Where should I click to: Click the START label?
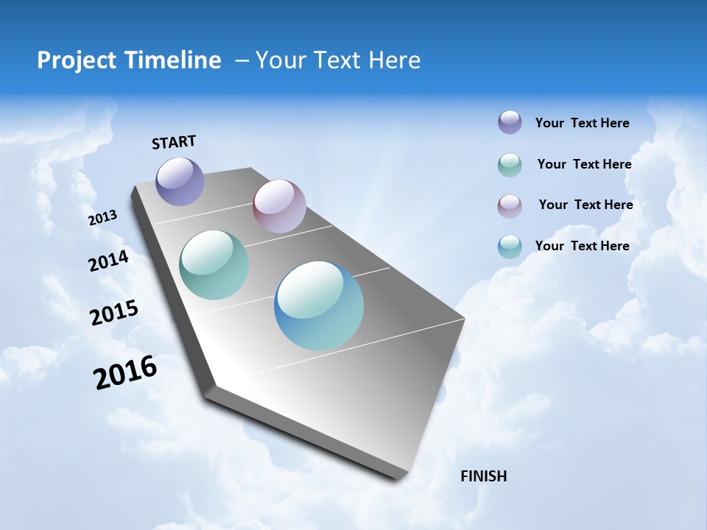pyautogui.click(x=174, y=142)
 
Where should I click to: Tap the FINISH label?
pyautogui.click(x=484, y=476)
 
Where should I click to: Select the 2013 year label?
pyautogui.click(x=102, y=218)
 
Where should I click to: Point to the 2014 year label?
pyautogui.click(x=108, y=261)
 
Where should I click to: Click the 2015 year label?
pyautogui.click(x=114, y=313)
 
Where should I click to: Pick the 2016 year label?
pyautogui.click(x=125, y=372)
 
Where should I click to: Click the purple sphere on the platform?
pyautogui.click(x=180, y=181)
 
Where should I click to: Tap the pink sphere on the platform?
pyautogui.click(x=279, y=206)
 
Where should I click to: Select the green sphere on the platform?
pyautogui.click(x=214, y=265)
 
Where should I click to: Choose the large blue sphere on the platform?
pyautogui.click(x=319, y=305)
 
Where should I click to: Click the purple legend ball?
pyautogui.click(x=510, y=122)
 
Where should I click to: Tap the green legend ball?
pyautogui.click(x=510, y=165)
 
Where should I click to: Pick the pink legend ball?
pyautogui.click(x=510, y=206)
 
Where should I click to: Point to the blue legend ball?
pyautogui.click(x=510, y=247)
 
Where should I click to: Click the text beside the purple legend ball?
pyautogui.click(x=582, y=124)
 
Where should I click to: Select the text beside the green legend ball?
pyautogui.click(x=584, y=164)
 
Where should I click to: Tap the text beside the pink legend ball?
pyautogui.click(x=585, y=205)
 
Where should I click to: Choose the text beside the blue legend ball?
pyautogui.click(x=582, y=246)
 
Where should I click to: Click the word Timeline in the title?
pyautogui.click(x=175, y=60)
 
